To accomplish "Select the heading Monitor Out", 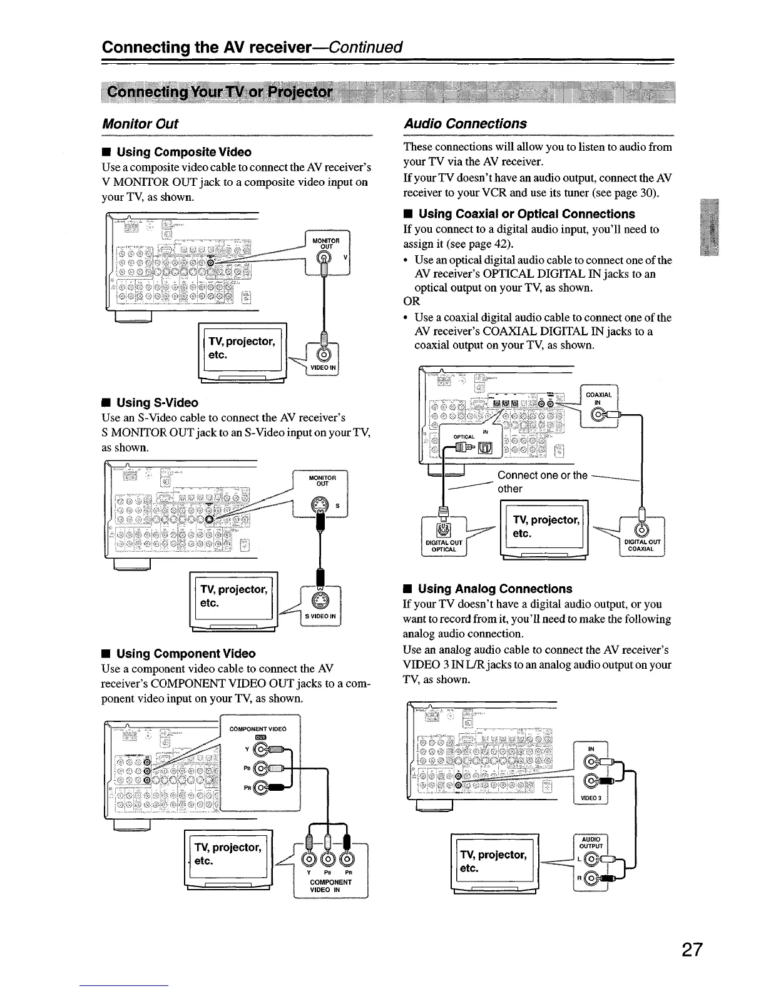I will click(x=140, y=124).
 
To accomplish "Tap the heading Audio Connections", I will click(x=465, y=124).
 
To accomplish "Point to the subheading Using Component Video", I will click(x=186, y=654).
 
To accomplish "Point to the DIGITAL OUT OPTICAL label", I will click(x=443, y=546).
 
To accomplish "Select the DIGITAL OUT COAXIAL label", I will click(x=641, y=546).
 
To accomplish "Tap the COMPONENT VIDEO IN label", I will click(x=330, y=886).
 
